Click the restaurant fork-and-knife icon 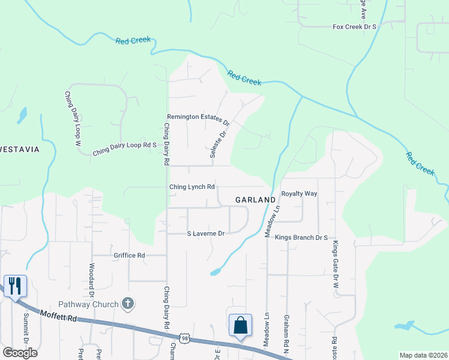(14, 285)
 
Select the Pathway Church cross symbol (127, 304)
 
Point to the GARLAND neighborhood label (255, 199)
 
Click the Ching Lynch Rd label (192, 187)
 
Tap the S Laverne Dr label (206, 233)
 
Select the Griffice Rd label (130, 255)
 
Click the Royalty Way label (299, 194)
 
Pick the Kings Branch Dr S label (301, 238)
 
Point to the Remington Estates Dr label (198, 117)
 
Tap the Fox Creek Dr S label (355, 27)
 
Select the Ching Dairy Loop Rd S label (124, 149)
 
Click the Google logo (20, 353)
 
